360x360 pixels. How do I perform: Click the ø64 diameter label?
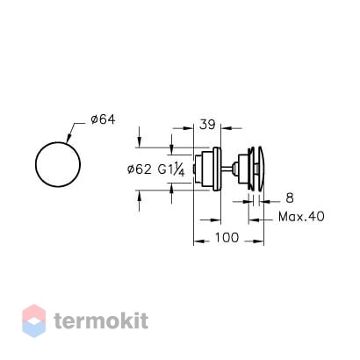103,119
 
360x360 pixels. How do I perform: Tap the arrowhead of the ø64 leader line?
68,139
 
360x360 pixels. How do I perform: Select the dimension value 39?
207,125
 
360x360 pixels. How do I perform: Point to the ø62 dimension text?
140,169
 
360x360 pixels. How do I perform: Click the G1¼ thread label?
171,169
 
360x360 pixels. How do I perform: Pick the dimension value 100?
227,237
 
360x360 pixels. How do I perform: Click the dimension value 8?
290,198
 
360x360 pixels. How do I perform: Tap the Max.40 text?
301,217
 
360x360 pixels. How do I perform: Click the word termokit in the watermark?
101,320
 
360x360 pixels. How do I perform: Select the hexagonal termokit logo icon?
34,320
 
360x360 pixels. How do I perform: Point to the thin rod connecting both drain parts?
227,168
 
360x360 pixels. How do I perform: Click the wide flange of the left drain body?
217,169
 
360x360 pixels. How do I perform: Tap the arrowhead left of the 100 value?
198,241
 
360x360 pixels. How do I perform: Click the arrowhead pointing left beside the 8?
265,201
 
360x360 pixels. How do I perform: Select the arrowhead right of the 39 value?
226,128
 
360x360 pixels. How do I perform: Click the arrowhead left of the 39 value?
189,128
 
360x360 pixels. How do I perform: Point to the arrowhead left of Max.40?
253,220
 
